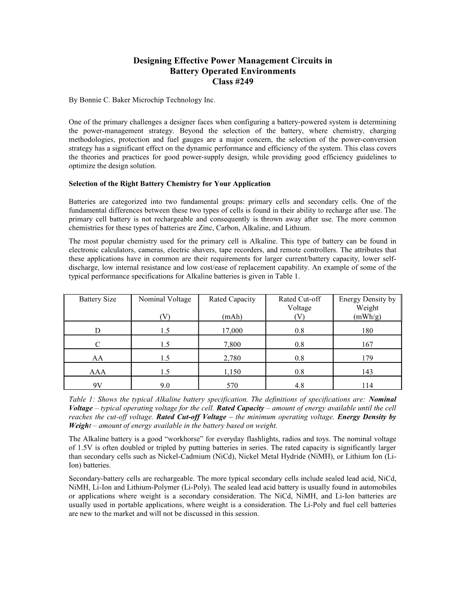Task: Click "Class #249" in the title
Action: click(232, 82)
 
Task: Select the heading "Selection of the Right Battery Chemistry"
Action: click(169, 184)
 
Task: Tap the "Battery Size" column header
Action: click(98, 299)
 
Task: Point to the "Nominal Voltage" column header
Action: click(165, 299)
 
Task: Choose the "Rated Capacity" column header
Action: click(232, 299)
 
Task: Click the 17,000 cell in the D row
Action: click(232, 331)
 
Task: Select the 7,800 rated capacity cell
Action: click(232, 344)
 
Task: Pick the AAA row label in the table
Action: click(98, 372)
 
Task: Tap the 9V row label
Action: click(98, 385)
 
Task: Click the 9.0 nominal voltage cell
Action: click(165, 385)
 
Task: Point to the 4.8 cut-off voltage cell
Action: click(300, 385)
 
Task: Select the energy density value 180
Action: click(367, 331)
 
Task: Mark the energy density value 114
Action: click(367, 385)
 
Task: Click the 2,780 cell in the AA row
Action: click(232, 358)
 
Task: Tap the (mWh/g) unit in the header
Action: click(367, 317)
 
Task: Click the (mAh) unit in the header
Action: click(232, 317)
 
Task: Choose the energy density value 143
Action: click(367, 372)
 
